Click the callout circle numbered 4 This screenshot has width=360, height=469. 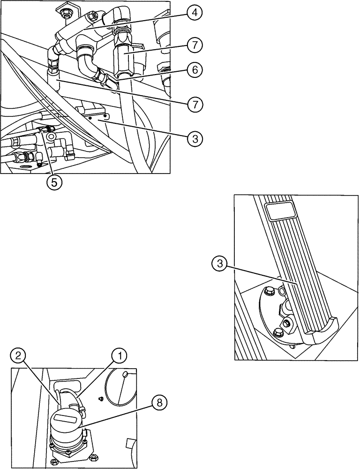click(194, 13)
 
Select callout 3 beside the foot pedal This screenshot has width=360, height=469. click(218, 265)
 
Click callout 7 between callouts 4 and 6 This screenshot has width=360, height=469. click(194, 45)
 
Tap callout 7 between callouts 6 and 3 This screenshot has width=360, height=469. click(194, 104)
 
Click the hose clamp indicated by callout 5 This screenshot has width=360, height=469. click(47, 129)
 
